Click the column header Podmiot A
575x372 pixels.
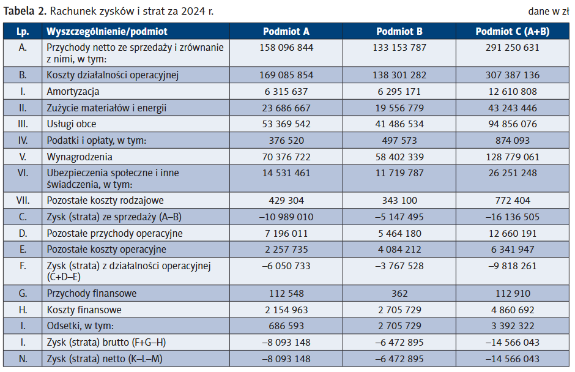pos(286,32)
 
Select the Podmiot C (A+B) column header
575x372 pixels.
pos(512,32)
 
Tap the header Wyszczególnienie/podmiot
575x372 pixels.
pos(106,32)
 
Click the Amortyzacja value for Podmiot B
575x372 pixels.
pos(399,91)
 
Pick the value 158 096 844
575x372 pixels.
pos(286,48)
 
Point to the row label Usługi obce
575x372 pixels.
pos(72,124)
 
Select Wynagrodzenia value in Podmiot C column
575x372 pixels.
pos(512,157)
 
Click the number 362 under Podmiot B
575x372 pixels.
pos(399,294)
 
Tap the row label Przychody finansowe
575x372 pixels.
pos(92,294)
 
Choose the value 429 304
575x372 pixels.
pos(286,201)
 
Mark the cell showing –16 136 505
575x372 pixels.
pos(512,217)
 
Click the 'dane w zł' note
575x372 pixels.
pos(549,12)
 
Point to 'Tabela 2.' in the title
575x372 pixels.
pos(25,12)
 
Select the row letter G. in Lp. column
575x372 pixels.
pos(23,294)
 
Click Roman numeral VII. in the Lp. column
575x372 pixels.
pos(23,201)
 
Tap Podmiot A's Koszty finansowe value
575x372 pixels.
pos(286,310)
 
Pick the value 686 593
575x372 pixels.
pos(286,326)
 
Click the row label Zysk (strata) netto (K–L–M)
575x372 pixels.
pos(105,359)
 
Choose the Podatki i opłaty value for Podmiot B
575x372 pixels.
pos(399,141)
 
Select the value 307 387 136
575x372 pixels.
pos(512,75)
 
